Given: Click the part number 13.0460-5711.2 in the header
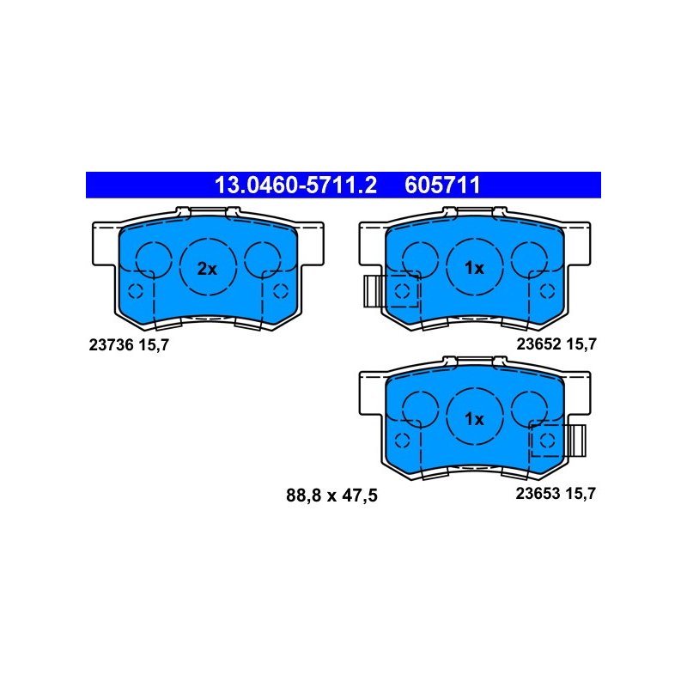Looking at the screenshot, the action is pyautogui.click(x=295, y=185).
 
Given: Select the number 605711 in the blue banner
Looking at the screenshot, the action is pyautogui.click(x=442, y=185).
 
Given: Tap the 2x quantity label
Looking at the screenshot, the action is pyautogui.click(x=207, y=269).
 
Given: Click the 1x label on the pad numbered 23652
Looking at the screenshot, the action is pyautogui.click(x=474, y=268).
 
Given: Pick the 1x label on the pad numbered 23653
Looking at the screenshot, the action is pyautogui.click(x=474, y=419).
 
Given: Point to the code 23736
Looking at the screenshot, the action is pyautogui.click(x=111, y=345).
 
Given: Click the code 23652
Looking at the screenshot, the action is pyautogui.click(x=538, y=344).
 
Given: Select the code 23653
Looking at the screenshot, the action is pyautogui.click(x=538, y=493).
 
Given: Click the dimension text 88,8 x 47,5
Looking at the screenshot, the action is pyautogui.click(x=331, y=495).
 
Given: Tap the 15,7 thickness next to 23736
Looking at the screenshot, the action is pyautogui.click(x=154, y=345).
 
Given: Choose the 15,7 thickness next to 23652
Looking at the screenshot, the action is pyautogui.click(x=581, y=344).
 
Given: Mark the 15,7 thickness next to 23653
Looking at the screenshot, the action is pyautogui.click(x=581, y=494).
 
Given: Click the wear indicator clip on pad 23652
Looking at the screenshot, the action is pyautogui.click(x=374, y=291).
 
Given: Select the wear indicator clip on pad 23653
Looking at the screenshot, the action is pyautogui.click(x=575, y=441).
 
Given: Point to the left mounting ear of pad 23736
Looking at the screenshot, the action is pyautogui.click(x=106, y=244).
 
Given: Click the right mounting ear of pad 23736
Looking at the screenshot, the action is pyautogui.click(x=311, y=244).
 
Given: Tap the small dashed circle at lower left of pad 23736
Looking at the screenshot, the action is pyautogui.click(x=135, y=291).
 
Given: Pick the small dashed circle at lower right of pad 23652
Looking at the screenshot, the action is pyautogui.click(x=547, y=291).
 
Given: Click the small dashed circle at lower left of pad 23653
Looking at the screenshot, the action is pyautogui.click(x=402, y=441).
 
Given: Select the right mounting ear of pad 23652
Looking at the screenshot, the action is pyautogui.click(x=577, y=244).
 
